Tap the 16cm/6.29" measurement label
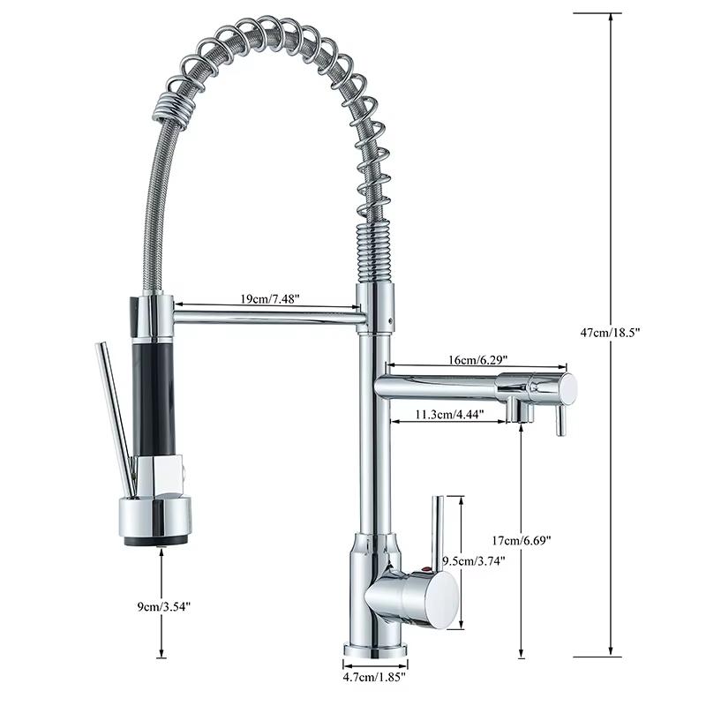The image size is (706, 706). [x=478, y=360]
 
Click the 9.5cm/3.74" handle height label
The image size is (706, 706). [x=473, y=560]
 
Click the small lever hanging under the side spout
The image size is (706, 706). [x=558, y=419]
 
